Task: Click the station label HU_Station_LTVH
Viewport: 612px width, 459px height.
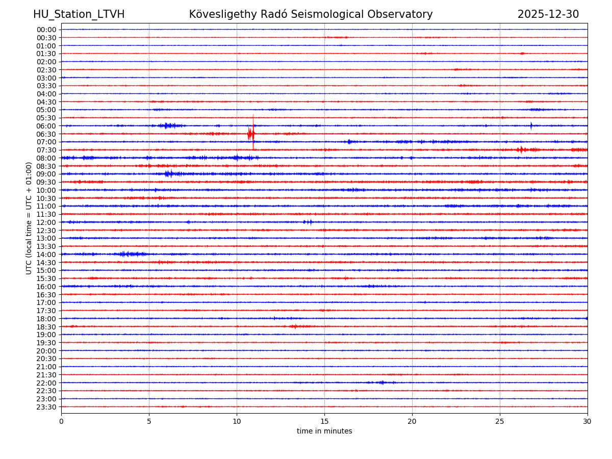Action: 79,14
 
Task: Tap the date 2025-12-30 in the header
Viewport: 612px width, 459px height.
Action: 548,14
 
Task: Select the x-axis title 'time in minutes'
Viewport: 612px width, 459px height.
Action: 324,431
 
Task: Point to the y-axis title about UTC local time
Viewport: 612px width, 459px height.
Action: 29,218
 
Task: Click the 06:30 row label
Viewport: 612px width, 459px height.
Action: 46,134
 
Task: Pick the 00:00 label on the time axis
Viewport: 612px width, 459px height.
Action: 46,30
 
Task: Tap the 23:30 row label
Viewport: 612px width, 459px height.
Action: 46,407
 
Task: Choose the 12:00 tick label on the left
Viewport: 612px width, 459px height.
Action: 46,222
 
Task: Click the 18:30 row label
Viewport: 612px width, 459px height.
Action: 46,327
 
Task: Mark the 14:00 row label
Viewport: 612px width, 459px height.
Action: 46,254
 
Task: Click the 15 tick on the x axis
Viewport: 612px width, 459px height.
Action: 324,422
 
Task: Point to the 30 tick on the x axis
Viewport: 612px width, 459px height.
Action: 588,422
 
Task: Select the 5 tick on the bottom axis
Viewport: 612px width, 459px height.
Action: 149,422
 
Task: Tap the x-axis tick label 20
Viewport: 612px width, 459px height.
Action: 412,422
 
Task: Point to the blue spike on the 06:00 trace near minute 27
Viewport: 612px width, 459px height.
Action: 531,125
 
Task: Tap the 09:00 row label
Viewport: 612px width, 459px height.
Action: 46,174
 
